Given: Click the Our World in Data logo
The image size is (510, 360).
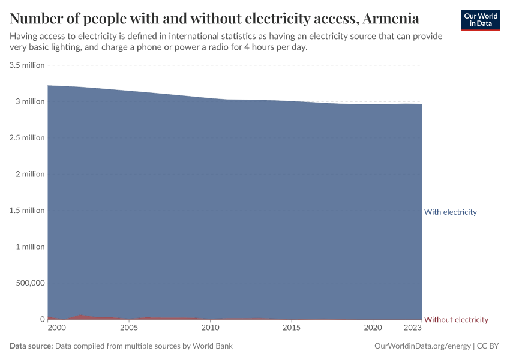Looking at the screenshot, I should pyautogui.click(x=480, y=20).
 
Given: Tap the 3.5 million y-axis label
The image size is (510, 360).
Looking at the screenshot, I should pyautogui.click(x=27, y=65).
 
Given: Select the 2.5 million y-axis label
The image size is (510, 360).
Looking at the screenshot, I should pyautogui.click(x=27, y=137).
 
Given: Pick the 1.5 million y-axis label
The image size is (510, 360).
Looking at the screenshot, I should pyautogui.click(x=27, y=210).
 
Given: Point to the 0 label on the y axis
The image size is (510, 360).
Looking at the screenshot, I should pyautogui.click(x=41, y=319).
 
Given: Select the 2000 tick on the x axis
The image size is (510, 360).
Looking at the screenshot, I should pyautogui.click(x=56, y=328).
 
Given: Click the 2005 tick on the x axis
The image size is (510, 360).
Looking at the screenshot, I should pyautogui.click(x=129, y=328).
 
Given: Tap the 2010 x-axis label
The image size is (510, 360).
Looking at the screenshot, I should pyautogui.click(x=210, y=328).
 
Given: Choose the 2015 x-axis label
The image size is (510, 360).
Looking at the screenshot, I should pyautogui.click(x=292, y=328).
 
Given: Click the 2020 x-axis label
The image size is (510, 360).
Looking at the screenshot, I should pyautogui.click(x=373, y=328).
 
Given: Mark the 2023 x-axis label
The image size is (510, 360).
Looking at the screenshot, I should pyautogui.click(x=412, y=328).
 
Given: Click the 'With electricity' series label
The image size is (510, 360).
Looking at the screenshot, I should pyautogui.click(x=450, y=212).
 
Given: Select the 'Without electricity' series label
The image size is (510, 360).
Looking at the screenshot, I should pyautogui.click(x=456, y=319).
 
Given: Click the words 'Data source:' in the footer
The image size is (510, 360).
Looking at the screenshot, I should pyautogui.click(x=31, y=346).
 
